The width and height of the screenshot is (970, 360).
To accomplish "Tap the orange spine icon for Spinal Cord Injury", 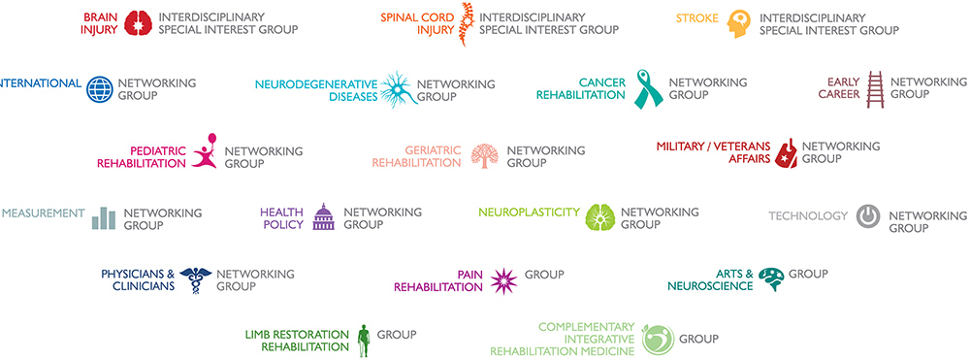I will (x=466, y=23).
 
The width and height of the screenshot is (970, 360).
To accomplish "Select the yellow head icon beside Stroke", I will (x=740, y=23).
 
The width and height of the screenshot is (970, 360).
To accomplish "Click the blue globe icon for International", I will (x=100, y=89).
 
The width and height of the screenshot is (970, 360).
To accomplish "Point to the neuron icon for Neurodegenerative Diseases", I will (x=398, y=89).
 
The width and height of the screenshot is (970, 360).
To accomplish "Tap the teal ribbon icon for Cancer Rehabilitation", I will (x=647, y=88).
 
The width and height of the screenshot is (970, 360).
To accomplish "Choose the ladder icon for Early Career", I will (x=875, y=88).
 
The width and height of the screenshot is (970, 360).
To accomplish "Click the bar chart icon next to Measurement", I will (x=104, y=218).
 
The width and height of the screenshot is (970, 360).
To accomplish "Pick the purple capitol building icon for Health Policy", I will (x=323, y=218).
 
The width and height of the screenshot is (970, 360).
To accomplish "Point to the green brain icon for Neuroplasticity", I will (x=599, y=218).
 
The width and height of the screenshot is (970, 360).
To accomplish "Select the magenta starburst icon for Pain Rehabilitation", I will (x=503, y=280).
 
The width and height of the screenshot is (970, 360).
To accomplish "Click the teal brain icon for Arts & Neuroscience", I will (x=771, y=279).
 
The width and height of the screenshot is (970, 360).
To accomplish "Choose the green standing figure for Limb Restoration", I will (x=364, y=340).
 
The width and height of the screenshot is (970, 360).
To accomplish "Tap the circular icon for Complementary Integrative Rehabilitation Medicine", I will (x=657, y=340).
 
